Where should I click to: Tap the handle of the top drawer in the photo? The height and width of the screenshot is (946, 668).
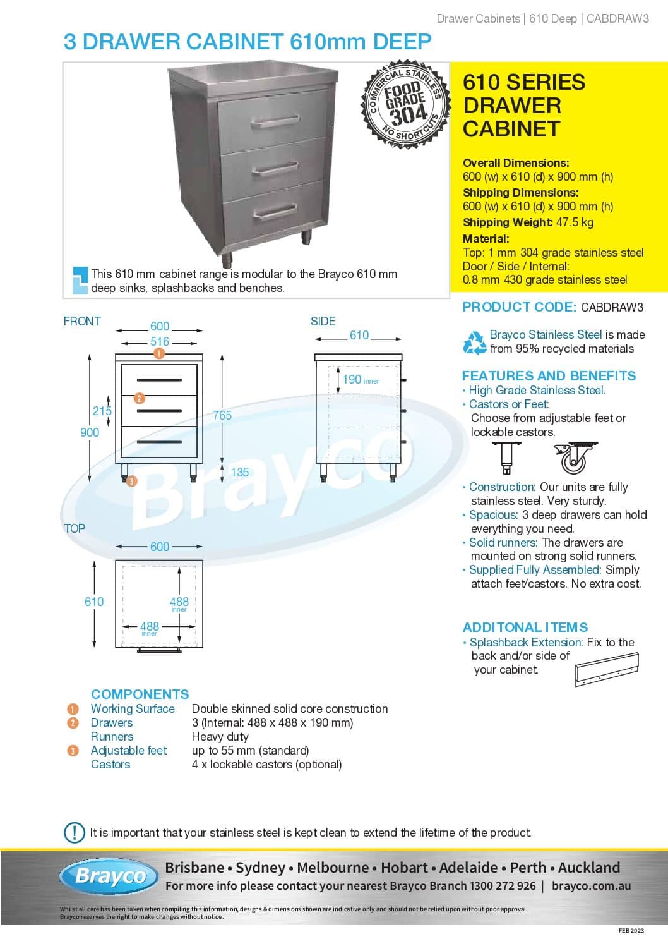pyautogui.click(x=274, y=121)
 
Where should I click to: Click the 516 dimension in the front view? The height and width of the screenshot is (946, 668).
pyautogui.click(x=159, y=342)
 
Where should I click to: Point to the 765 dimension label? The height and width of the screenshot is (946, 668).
pyautogui.click(x=222, y=415)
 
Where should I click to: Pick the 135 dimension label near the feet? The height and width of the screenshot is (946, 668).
pyautogui.click(x=239, y=472)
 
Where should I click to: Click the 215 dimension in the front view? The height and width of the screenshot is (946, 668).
pyautogui.click(x=102, y=411)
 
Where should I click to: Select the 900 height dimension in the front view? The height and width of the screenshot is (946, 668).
pyautogui.click(x=90, y=432)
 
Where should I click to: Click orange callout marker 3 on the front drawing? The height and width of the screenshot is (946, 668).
pyautogui.click(x=131, y=482)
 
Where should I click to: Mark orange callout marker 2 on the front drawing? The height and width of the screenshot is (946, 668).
pyautogui.click(x=140, y=398)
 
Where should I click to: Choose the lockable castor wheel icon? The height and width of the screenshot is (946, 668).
pyautogui.click(x=572, y=458)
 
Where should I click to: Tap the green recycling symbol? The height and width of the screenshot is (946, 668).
pyautogui.click(x=475, y=342)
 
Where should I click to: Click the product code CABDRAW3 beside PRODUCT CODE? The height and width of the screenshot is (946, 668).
pyautogui.click(x=612, y=308)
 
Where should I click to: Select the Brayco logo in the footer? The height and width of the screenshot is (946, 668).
pyautogui.click(x=110, y=876)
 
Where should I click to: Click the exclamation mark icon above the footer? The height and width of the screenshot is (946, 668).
pyautogui.click(x=75, y=832)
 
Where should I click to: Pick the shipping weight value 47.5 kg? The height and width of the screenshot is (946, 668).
pyautogui.click(x=575, y=222)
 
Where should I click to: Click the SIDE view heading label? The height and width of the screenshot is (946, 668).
pyautogui.click(x=323, y=321)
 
